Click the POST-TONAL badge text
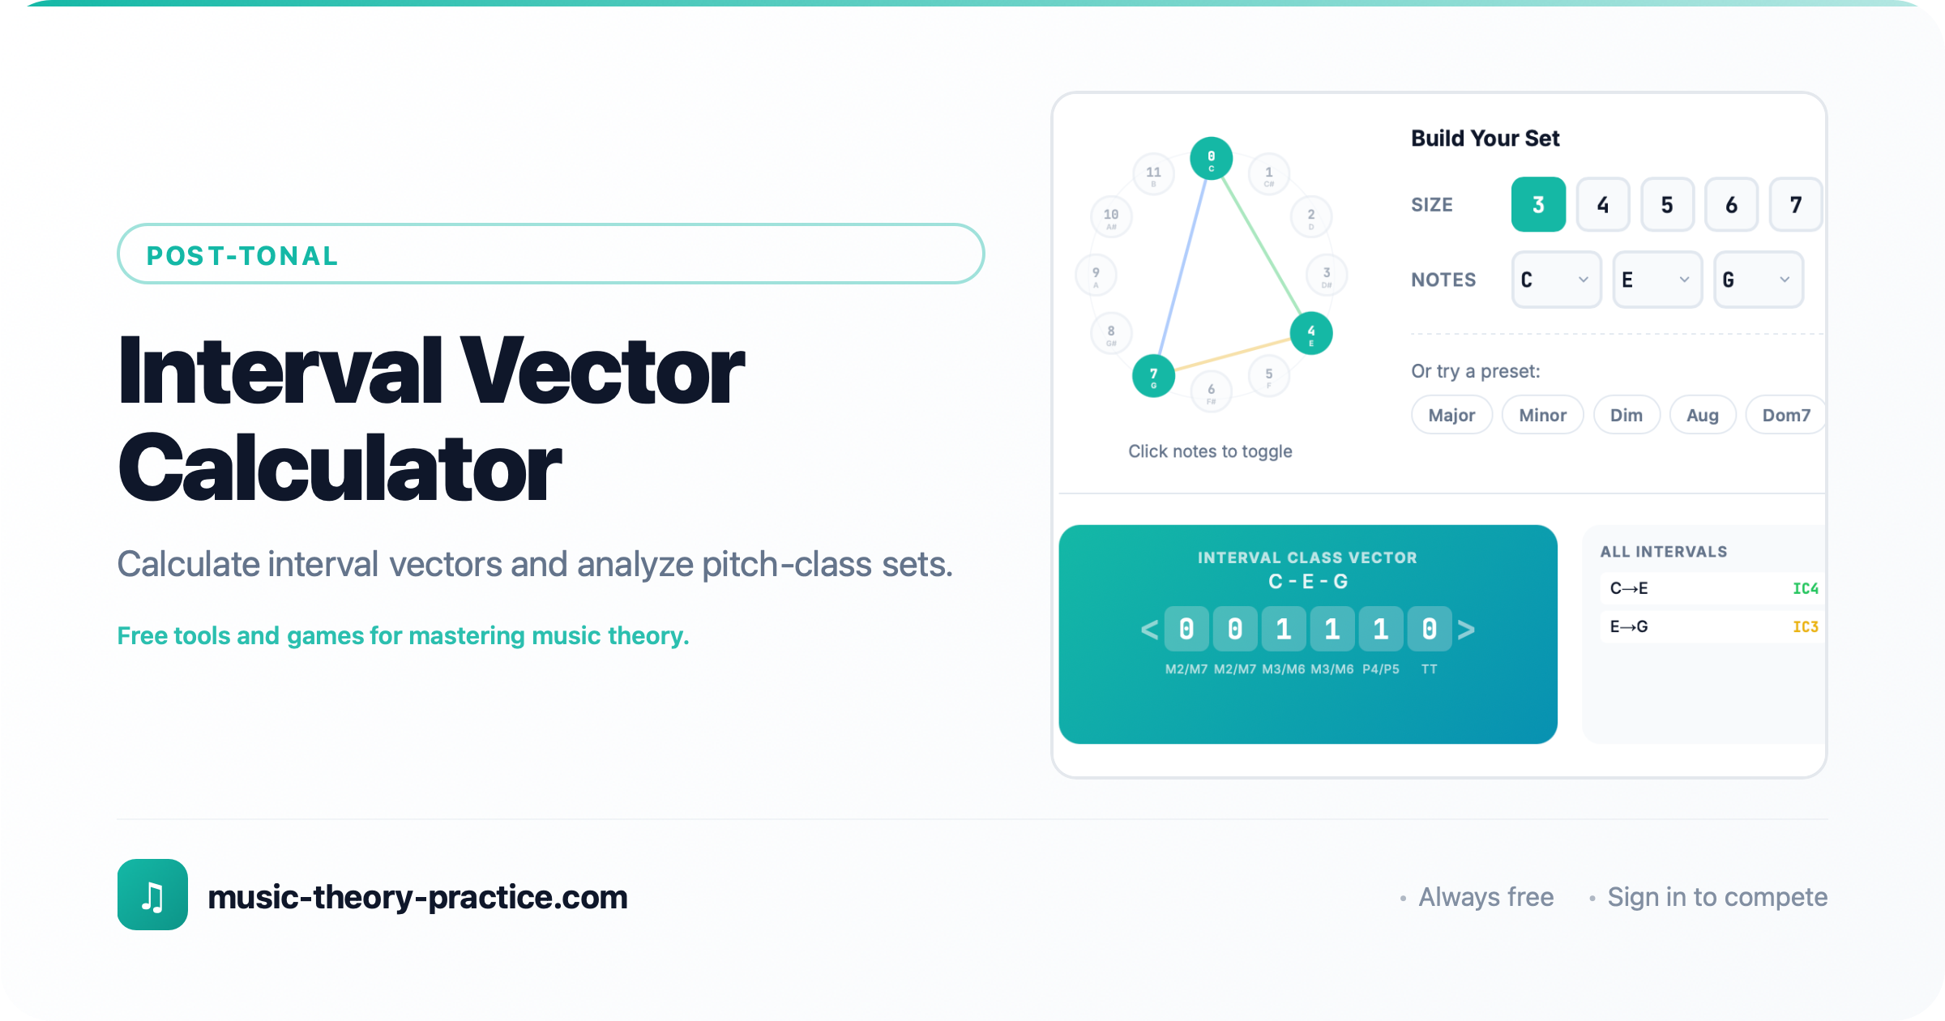pos(242,256)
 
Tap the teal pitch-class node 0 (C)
pos(1211,158)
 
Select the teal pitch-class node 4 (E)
pos(1310,333)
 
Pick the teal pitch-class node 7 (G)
pos(1153,376)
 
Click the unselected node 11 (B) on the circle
pos(1153,174)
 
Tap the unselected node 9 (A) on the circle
pos(1096,276)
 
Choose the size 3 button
pos(1537,205)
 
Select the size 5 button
pos(1667,205)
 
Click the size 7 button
pos(1795,205)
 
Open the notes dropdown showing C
pos(1556,280)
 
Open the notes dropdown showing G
pos(1758,280)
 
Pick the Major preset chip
pos(1451,415)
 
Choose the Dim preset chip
pos(1626,415)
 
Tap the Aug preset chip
pos(1702,415)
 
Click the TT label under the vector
pos(1429,669)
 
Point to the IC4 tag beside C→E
pos(1805,588)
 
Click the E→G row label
pos(1629,626)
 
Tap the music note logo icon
pos(152,895)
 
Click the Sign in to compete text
pos(1717,897)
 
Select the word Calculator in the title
pos(340,469)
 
